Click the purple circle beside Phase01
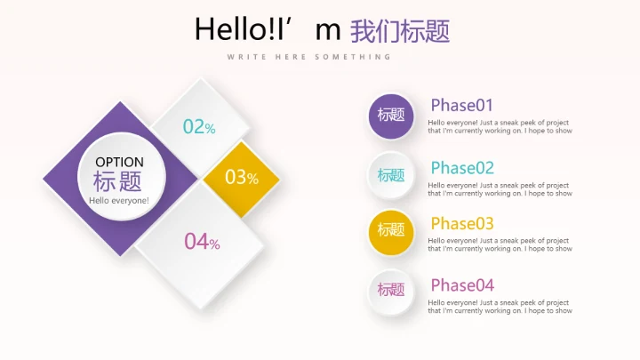[x=391, y=116]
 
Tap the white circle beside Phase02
[x=391, y=175]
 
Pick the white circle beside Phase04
[x=391, y=291]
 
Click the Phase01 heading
[x=461, y=105]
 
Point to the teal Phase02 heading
[x=462, y=168]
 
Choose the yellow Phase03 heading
[x=462, y=223]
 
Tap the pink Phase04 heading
[x=462, y=285]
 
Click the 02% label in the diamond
[x=199, y=127]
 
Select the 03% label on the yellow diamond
[x=241, y=178]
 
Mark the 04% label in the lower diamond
[x=202, y=241]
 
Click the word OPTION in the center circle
[x=119, y=162]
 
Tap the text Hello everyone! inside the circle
[x=119, y=200]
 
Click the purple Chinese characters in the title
[x=400, y=31]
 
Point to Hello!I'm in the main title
[x=268, y=30]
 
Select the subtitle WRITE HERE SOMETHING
[x=308, y=57]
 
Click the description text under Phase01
[x=500, y=126]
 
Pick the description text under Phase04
[x=500, y=307]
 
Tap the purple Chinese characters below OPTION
[x=118, y=181]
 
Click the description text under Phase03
[x=500, y=244]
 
